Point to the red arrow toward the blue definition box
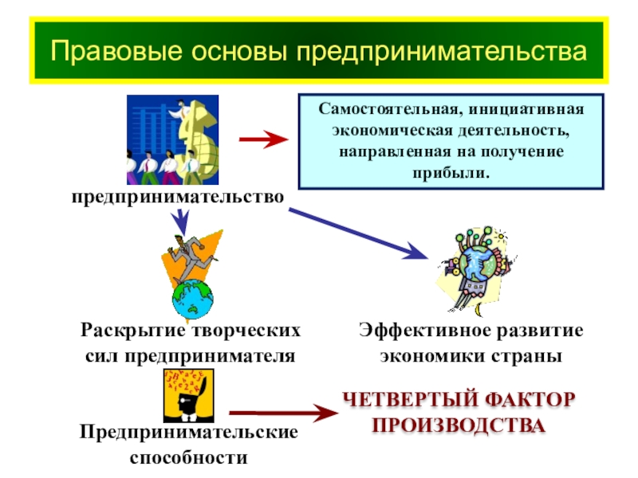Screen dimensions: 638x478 (x=264, y=140)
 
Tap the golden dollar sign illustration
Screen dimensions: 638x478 (x=198, y=137)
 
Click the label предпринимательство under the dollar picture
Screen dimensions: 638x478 (x=178, y=195)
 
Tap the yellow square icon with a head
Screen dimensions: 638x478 (x=189, y=395)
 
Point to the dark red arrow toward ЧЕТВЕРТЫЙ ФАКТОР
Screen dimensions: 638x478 (x=279, y=413)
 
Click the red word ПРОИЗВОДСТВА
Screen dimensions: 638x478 (x=459, y=425)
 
